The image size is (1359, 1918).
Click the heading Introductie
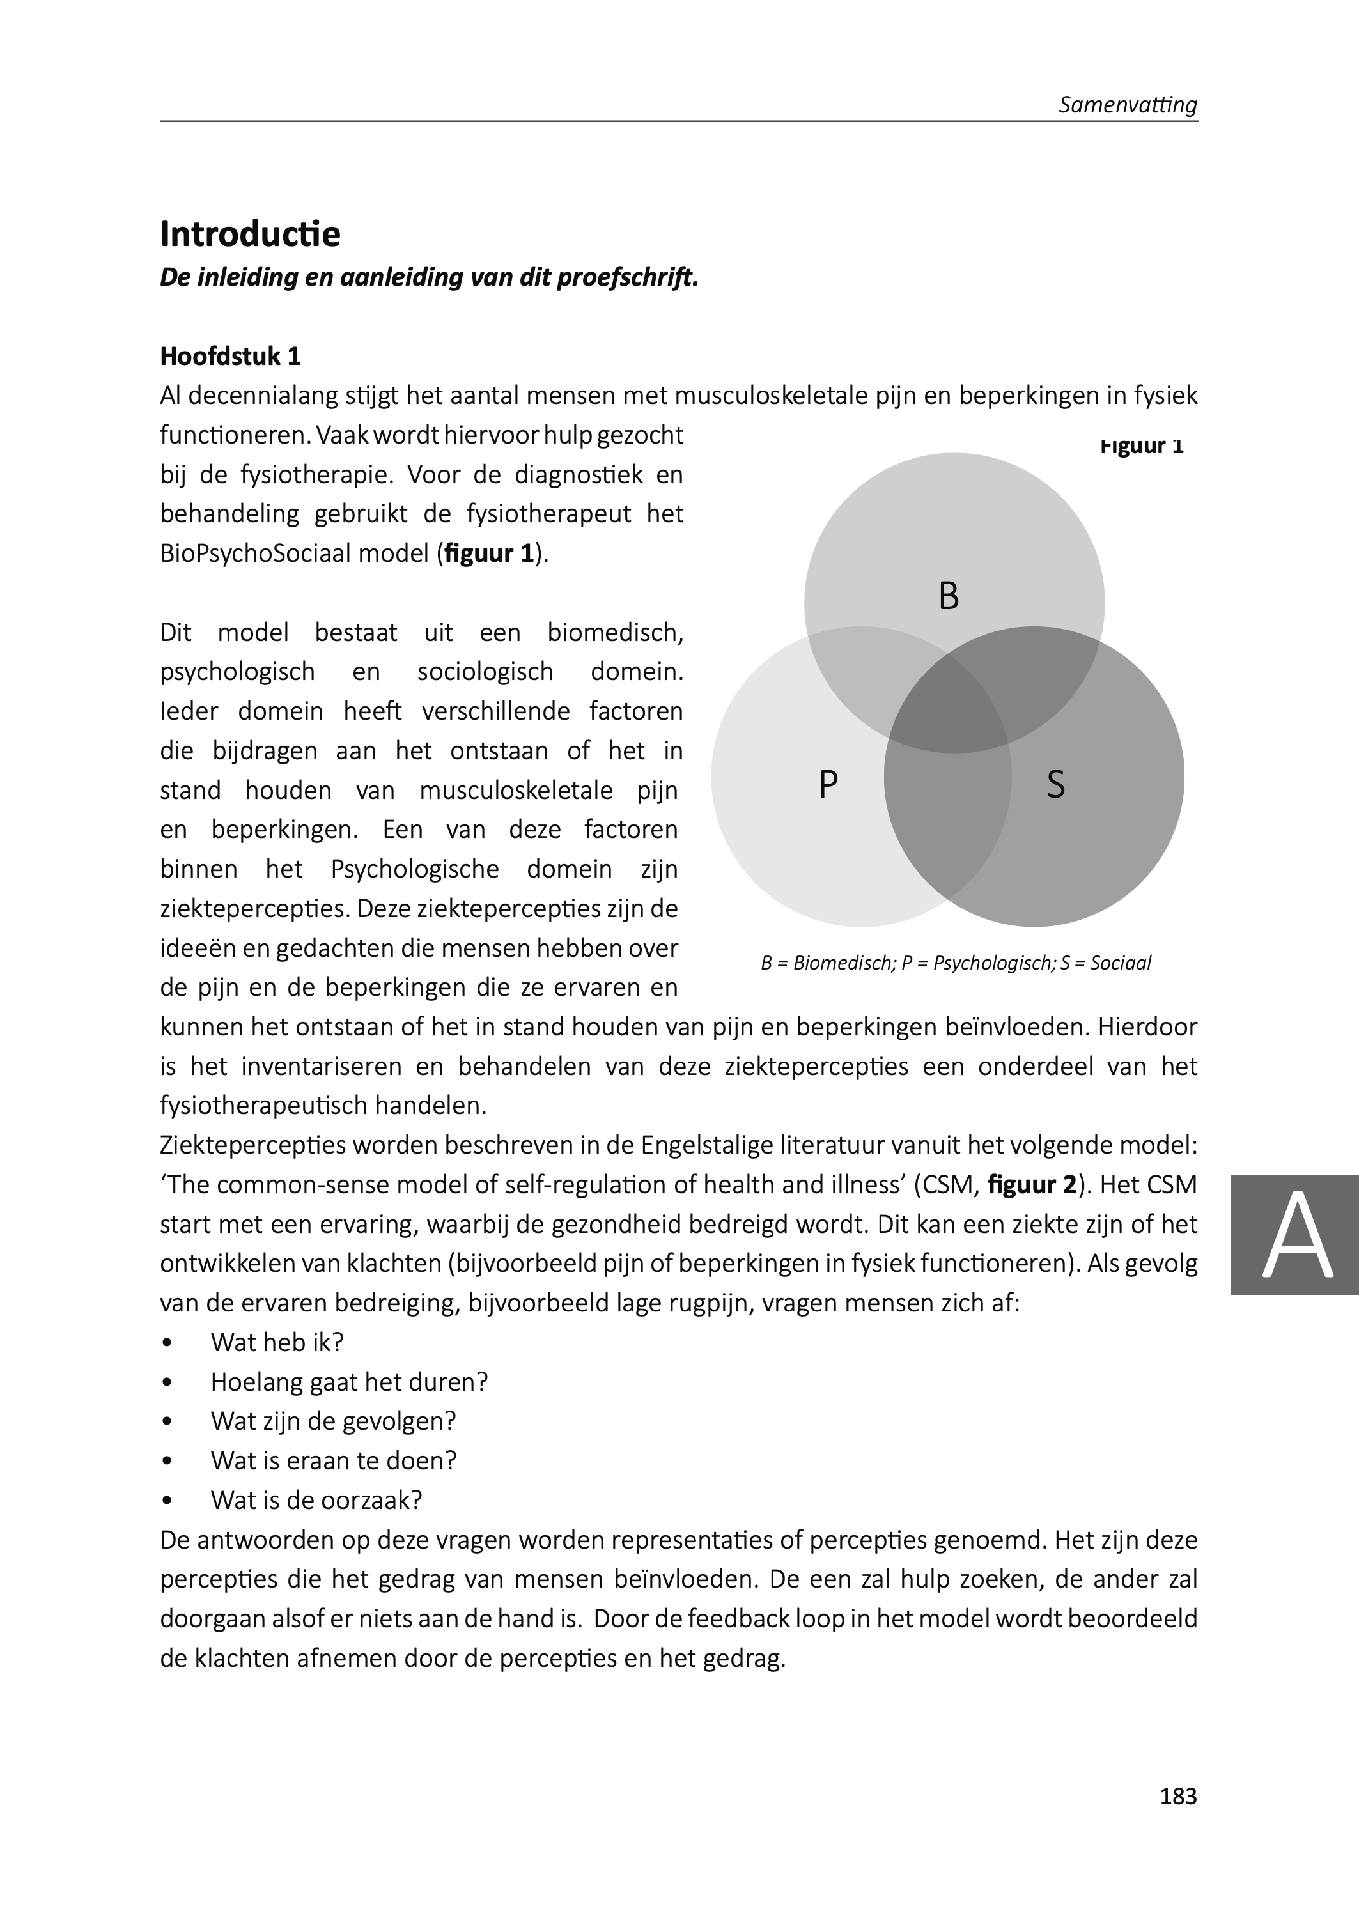pos(250,234)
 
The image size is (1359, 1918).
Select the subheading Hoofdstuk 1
pos(230,357)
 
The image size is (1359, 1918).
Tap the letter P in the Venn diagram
pos(828,785)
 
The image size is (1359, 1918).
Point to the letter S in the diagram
pos(1055,785)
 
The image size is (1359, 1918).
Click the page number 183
pos(1178,1796)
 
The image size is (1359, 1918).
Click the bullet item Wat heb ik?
pos(277,1342)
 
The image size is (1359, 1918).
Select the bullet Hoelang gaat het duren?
pos(349,1381)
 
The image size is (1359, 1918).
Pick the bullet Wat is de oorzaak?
pos(316,1500)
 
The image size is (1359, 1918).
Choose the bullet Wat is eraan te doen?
pos(334,1460)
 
